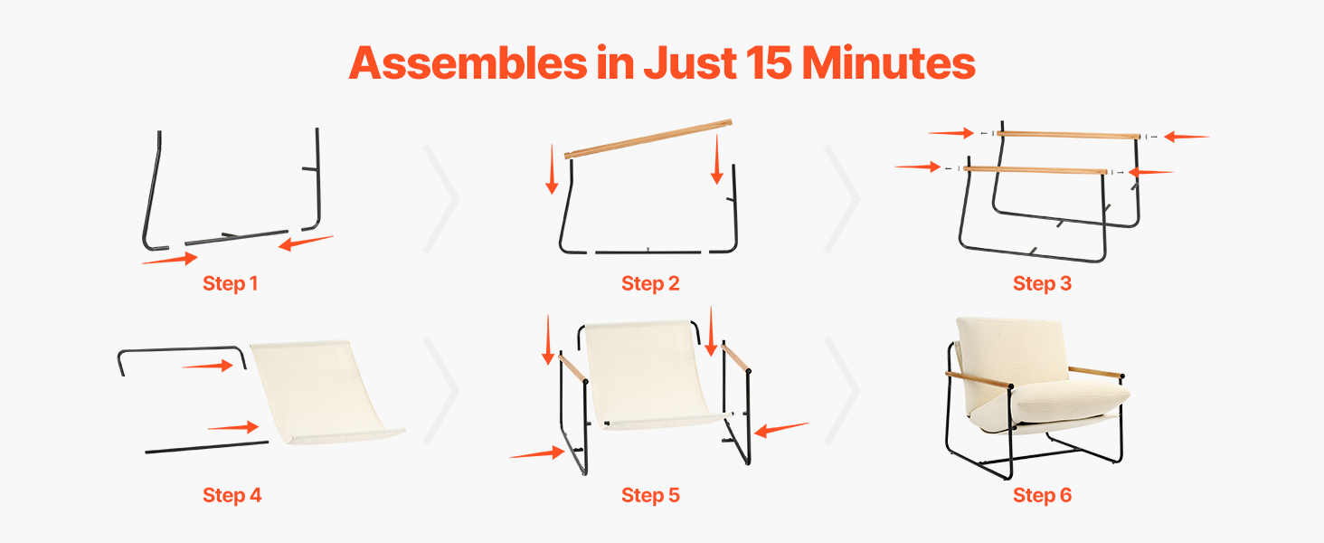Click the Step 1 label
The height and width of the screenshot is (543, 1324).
point(230,283)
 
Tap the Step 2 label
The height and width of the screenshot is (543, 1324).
point(650,283)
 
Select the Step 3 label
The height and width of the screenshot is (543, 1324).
point(1042,283)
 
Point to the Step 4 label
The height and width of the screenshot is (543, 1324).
point(232,495)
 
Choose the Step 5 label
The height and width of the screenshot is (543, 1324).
point(650,495)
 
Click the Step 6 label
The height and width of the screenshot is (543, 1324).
point(1042,495)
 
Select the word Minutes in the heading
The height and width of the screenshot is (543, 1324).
point(888,62)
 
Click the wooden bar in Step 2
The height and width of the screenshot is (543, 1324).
point(648,139)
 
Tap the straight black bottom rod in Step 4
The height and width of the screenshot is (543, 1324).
point(207,447)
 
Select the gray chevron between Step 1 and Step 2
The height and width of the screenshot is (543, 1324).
point(442,199)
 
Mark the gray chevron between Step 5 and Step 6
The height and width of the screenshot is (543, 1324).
point(842,391)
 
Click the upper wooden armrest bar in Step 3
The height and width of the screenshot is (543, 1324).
point(1069,135)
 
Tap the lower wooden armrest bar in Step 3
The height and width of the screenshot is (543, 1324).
point(1036,170)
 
